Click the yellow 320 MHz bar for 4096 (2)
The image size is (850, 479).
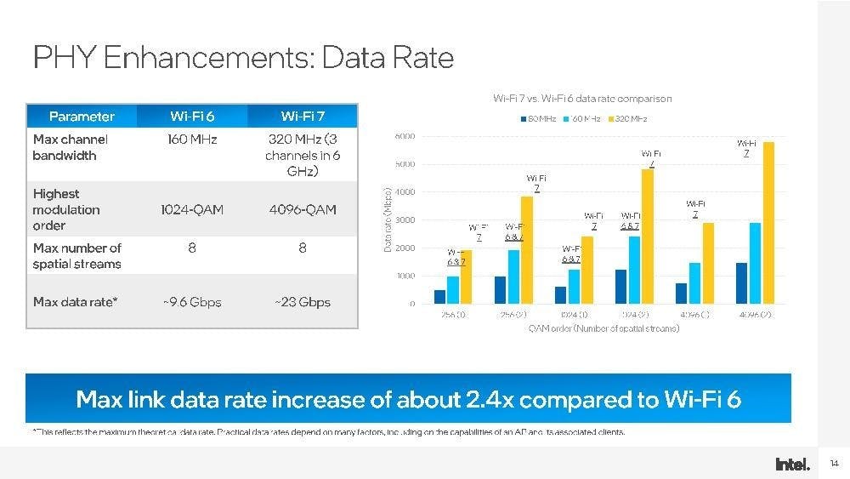pos(768,223)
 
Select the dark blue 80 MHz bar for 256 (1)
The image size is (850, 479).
pos(439,297)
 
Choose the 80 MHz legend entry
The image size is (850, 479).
pos(539,118)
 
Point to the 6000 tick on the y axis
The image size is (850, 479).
pos(405,136)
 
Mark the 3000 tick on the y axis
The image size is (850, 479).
pos(405,220)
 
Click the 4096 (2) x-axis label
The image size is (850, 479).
pos(754,315)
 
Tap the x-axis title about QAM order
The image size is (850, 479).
pos(603,328)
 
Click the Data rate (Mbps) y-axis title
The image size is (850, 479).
pos(388,220)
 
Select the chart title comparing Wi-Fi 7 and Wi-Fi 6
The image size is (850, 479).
pos(582,99)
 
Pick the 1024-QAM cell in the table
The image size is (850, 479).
pos(191,210)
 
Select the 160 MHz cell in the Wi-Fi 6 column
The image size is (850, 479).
pos(191,140)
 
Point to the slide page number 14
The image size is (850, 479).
pos(834,464)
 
